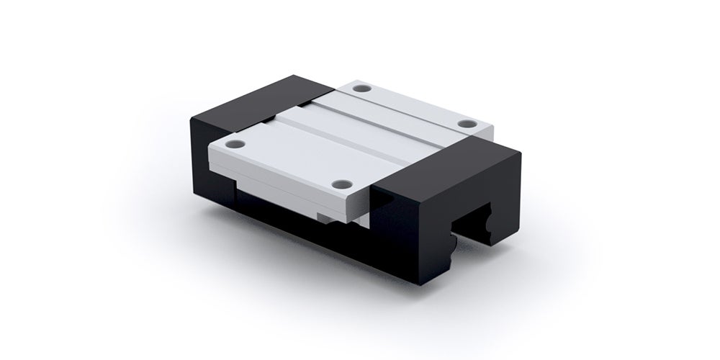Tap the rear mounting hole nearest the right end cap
point(469,125)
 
